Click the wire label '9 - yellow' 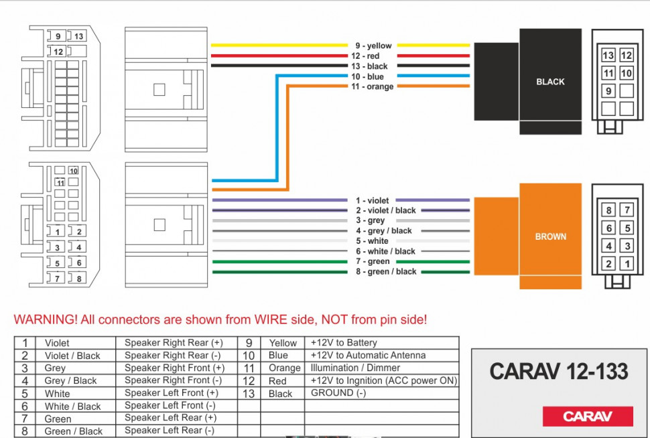374,46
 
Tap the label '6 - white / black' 385,252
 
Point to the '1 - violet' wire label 372,201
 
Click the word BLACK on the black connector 550,82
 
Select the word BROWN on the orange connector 550,236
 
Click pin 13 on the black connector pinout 608,56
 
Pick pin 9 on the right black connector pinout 608,91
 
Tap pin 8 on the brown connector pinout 609,211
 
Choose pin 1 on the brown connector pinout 627,264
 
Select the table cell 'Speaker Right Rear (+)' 174,343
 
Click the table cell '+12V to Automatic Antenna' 368,356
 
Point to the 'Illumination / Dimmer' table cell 355,368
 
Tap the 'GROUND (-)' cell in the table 338,393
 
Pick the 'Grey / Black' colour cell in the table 70,381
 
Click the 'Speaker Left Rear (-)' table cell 170,431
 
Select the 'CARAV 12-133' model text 558,371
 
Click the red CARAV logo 587,417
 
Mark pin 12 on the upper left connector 58,52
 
